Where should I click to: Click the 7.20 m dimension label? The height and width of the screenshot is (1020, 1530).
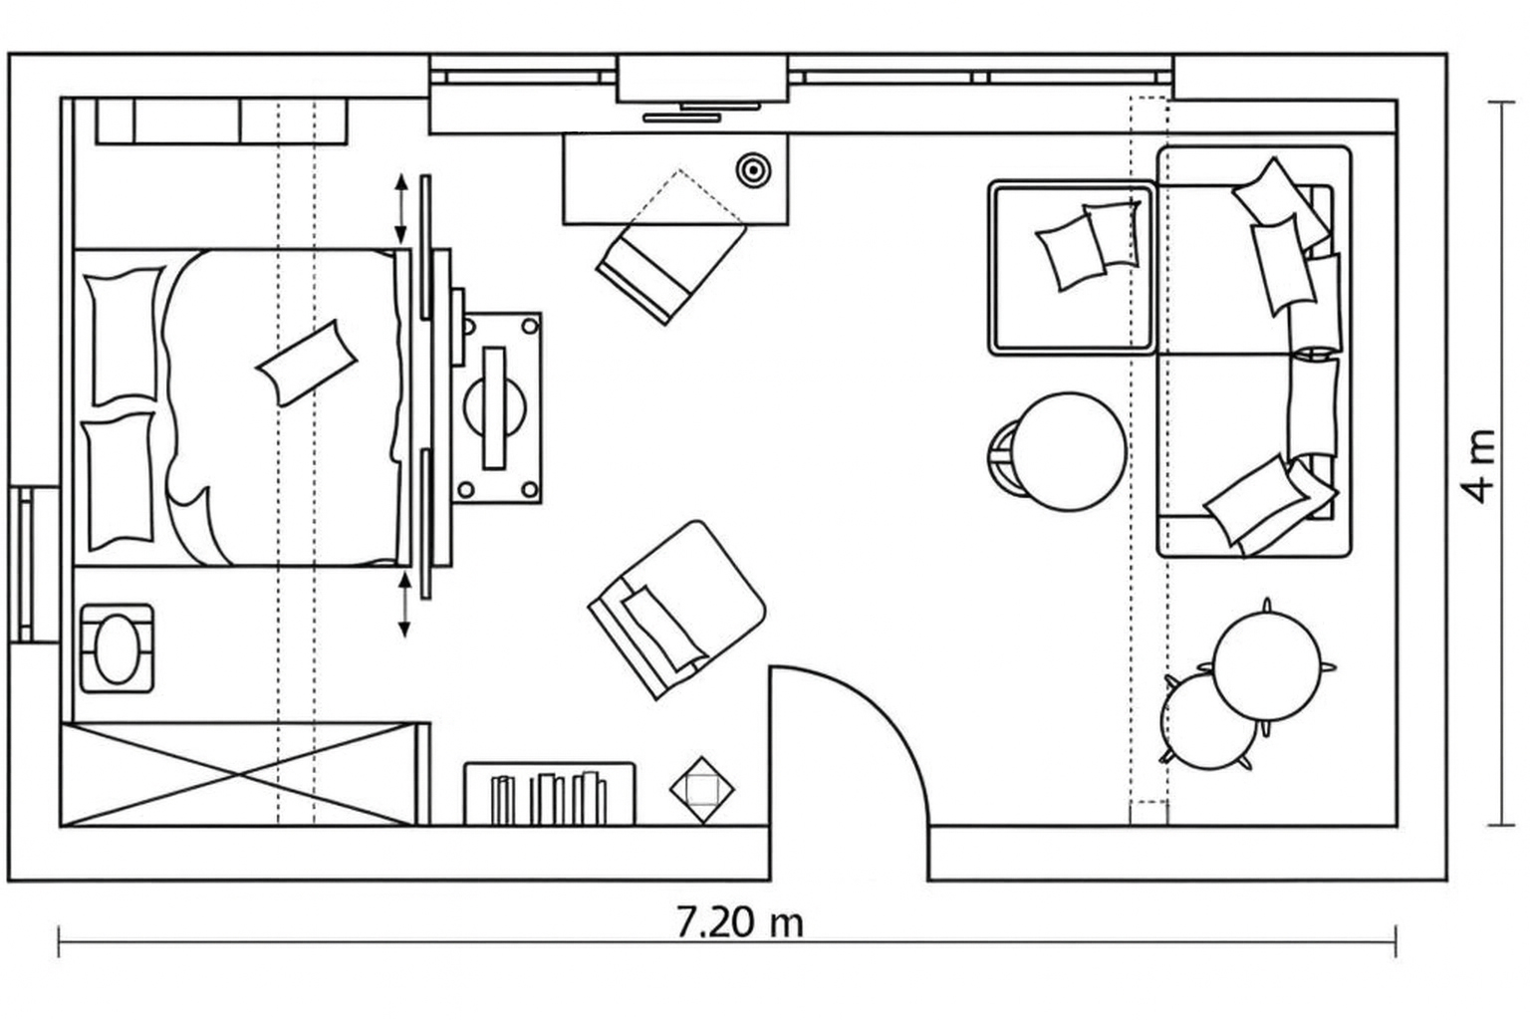click(x=740, y=922)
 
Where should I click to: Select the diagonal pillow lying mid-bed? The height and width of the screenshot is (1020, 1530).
click(x=307, y=363)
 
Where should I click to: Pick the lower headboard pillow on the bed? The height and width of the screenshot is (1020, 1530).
click(x=119, y=481)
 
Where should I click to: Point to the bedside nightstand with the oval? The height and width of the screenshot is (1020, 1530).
click(x=117, y=648)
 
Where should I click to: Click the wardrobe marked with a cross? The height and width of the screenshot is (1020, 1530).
click(x=238, y=775)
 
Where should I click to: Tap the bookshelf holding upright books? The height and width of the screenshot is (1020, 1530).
click(x=550, y=794)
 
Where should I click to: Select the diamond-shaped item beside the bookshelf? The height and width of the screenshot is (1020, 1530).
click(x=701, y=790)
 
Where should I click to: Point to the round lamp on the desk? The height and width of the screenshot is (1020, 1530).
click(x=753, y=169)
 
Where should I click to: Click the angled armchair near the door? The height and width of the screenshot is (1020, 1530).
click(x=676, y=610)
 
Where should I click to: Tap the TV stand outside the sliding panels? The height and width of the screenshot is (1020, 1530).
click(x=497, y=408)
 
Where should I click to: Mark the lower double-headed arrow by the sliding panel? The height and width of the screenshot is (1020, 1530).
click(x=404, y=605)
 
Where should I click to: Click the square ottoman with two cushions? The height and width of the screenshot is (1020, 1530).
click(x=1073, y=268)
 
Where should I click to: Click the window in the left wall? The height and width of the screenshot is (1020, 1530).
click(x=33, y=565)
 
